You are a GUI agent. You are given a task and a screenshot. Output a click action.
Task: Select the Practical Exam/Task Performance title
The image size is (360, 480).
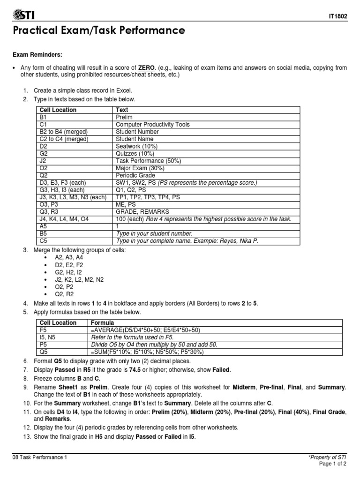[x=98, y=31]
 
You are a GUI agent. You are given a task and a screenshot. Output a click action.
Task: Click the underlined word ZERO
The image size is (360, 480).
[x=146, y=68]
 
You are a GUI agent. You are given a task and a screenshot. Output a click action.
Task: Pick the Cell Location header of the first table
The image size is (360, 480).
[x=58, y=110]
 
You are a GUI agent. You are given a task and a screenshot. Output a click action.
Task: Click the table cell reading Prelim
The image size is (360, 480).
[x=124, y=117]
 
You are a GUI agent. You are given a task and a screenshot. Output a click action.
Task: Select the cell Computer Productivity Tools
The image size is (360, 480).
[x=152, y=125]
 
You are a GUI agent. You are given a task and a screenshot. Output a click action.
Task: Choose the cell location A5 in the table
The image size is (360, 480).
[x=44, y=226]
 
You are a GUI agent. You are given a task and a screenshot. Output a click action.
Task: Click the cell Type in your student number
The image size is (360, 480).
[x=154, y=233]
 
